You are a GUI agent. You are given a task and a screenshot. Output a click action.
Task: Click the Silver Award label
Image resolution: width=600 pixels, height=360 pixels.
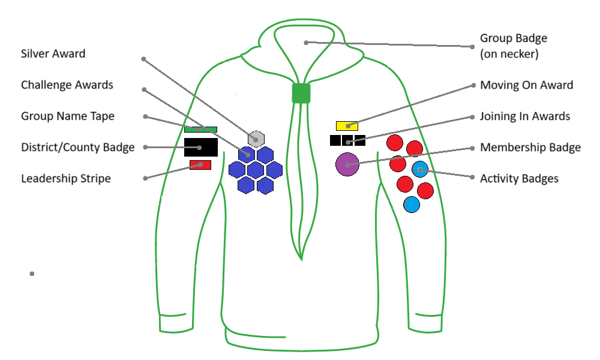coord(53,54)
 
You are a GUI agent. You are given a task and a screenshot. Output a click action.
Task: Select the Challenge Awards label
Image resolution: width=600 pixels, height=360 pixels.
coord(67,85)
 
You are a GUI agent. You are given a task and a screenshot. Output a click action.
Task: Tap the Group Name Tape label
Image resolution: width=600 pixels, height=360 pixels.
coord(67,116)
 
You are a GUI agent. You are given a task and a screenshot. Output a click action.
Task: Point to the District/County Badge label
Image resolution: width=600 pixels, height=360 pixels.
coord(77,148)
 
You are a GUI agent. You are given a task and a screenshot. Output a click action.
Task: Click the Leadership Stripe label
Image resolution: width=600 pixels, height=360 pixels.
coord(65,179)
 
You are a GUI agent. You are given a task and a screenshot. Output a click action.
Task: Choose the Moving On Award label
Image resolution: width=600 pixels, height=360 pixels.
coord(526,85)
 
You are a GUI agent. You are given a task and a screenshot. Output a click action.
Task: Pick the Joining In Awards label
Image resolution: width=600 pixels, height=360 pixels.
coord(524,116)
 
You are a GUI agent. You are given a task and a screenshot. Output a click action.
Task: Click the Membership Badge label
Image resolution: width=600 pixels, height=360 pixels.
coord(530,148)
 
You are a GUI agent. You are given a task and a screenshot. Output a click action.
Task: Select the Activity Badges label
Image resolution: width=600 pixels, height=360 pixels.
coord(519,179)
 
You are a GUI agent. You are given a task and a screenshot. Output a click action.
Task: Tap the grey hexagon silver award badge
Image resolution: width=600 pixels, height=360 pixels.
coord(256,139)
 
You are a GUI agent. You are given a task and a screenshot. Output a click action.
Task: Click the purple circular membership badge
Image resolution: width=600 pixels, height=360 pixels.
coord(347,164)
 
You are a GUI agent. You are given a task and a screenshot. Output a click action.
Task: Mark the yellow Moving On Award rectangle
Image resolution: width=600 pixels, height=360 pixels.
coord(347,126)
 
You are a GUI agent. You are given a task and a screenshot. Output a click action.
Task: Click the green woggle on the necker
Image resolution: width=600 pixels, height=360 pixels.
coord(301,93)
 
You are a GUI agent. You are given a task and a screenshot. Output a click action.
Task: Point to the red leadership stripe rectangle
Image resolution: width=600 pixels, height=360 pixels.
coord(200,164)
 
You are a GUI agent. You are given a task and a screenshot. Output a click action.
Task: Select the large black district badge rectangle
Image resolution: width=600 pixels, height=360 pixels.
coord(200,147)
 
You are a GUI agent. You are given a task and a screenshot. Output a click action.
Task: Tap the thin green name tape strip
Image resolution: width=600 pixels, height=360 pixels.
coord(200,129)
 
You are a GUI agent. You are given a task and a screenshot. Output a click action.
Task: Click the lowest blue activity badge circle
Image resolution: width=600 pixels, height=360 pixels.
coord(411,205)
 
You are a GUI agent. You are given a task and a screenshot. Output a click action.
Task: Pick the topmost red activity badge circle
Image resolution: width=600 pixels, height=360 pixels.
coord(394,143)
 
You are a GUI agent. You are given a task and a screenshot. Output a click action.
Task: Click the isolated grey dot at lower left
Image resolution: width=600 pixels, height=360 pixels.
coord(32,274)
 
